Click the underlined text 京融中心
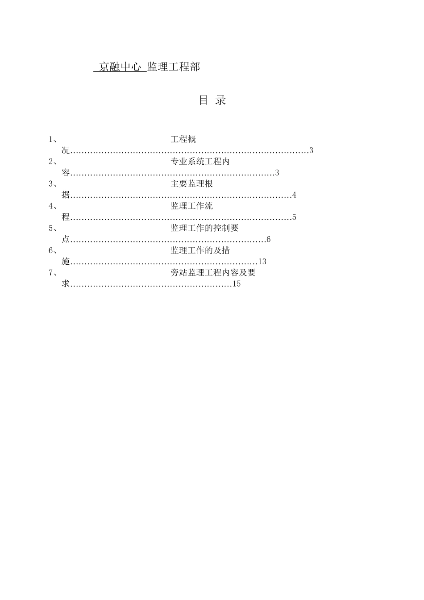click(120, 67)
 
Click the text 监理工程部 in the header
click(174, 67)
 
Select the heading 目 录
click(212, 100)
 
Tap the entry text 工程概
click(183, 139)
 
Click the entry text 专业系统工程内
click(200, 162)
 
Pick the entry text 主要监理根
click(191, 183)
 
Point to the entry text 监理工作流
click(191, 206)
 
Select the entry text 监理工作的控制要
click(204, 228)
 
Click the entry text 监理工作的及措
click(200, 250)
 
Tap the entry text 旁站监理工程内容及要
click(213, 272)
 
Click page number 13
click(262, 262)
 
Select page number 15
click(237, 284)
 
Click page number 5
click(294, 217)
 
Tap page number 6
click(269, 240)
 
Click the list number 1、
click(52, 139)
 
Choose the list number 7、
click(52, 272)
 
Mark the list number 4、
click(52, 206)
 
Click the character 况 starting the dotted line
click(66, 150)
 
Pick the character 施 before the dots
click(66, 262)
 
